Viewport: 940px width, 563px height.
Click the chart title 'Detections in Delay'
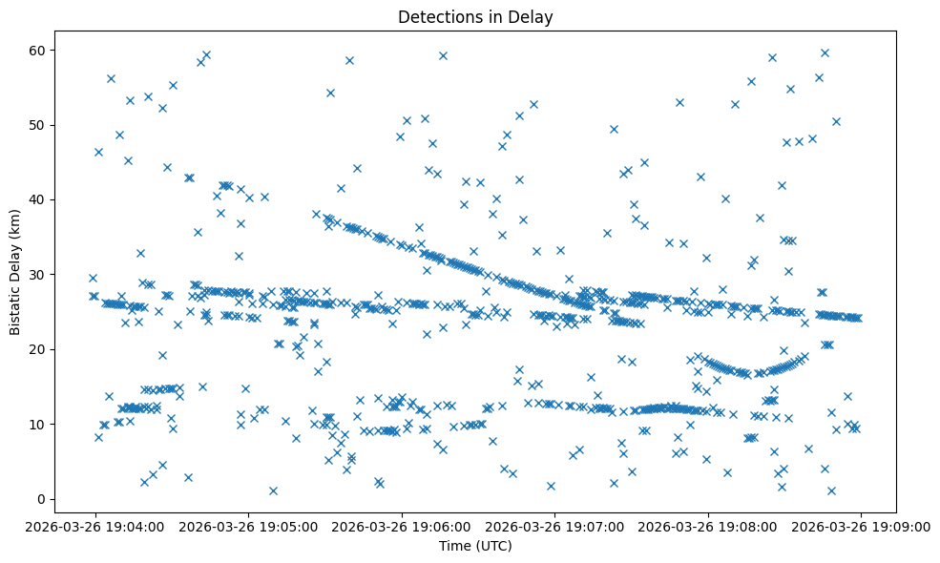point(475,17)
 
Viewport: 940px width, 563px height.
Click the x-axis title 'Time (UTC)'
point(475,547)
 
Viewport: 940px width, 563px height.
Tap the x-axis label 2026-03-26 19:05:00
point(249,526)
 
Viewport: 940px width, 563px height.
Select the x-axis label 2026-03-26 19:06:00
point(402,526)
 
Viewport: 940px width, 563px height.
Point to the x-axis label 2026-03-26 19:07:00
point(555,526)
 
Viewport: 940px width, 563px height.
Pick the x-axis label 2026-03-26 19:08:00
point(708,526)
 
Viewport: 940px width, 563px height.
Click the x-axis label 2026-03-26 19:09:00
point(861,526)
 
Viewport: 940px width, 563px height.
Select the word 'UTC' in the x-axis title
point(495,547)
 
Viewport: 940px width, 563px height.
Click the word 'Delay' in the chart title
point(534,17)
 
